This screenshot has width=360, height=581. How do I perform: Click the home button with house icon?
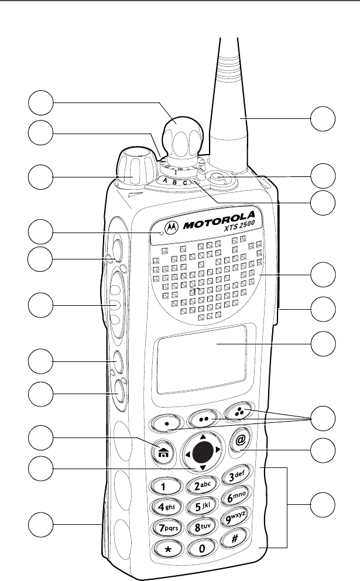tap(161, 452)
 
